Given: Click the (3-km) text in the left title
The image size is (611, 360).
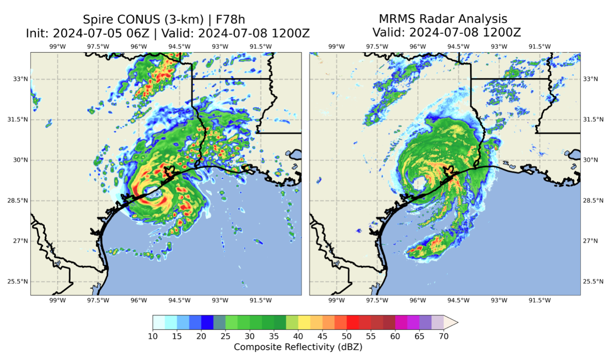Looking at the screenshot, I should click(x=181, y=20).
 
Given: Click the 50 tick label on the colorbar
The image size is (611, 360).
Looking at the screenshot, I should click(x=347, y=336).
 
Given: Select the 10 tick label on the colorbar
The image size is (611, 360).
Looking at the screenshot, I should click(x=153, y=336).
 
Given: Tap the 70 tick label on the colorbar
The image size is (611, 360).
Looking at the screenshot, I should click(x=444, y=336).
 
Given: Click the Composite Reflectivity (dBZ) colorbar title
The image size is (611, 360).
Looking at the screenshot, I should click(x=298, y=347).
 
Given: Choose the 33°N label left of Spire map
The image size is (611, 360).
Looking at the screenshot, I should click(x=21, y=79).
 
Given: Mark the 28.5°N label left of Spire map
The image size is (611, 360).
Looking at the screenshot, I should click(x=18, y=200).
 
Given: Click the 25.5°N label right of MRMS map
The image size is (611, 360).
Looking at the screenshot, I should click(x=593, y=281).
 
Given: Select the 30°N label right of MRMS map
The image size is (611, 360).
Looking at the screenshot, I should click(x=590, y=160).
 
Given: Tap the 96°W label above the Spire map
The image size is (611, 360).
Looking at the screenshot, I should click(x=138, y=47).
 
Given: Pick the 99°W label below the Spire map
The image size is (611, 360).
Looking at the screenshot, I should click(x=58, y=300).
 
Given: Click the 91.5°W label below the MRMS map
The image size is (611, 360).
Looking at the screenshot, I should click(x=540, y=300).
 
